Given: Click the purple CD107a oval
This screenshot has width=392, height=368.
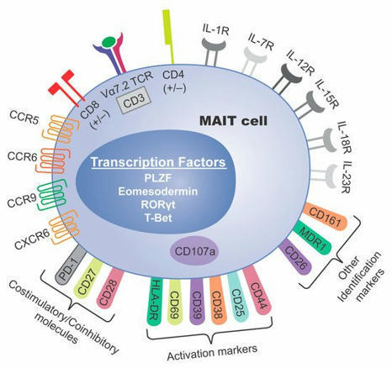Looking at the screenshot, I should tap(193, 249).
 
